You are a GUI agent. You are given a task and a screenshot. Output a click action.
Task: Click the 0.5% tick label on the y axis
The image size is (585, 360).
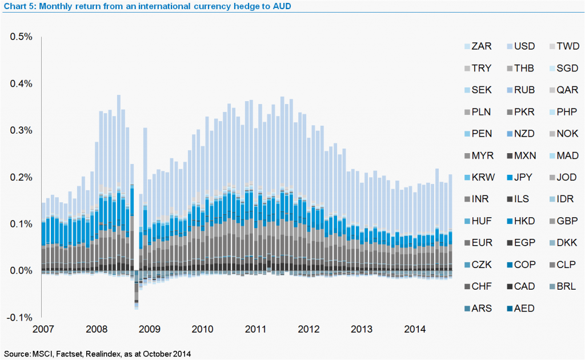(21, 37)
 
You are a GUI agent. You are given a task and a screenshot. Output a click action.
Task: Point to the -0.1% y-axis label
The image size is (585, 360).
(20, 318)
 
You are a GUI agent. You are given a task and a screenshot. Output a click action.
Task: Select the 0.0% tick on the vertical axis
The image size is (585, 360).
(21, 271)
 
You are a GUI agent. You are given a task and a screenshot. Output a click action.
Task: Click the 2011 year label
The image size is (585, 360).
(256, 330)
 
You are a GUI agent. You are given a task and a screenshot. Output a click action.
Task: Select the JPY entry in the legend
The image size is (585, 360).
(524, 177)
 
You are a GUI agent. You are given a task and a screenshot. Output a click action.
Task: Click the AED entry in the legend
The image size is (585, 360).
(524, 309)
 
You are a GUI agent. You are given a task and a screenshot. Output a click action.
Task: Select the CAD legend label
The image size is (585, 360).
(524, 287)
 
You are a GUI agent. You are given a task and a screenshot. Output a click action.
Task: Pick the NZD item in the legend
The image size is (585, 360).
(524, 134)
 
